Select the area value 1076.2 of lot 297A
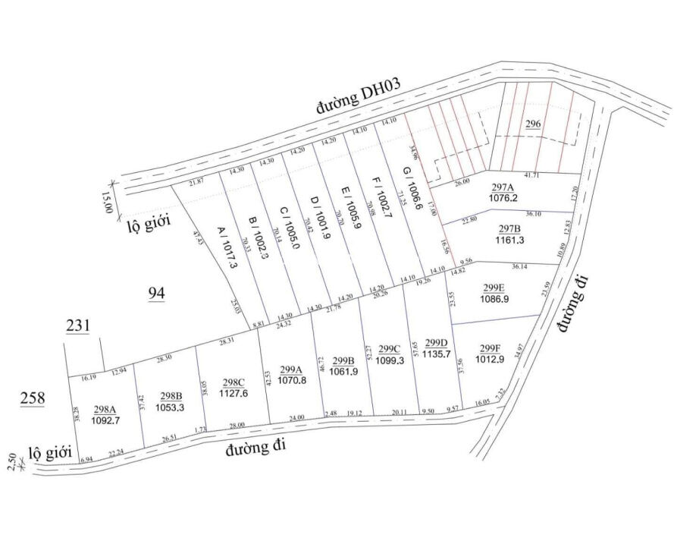click(503, 199)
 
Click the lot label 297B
click(509, 228)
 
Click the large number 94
click(156, 294)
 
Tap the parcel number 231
click(78, 326)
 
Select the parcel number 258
click(33, 398)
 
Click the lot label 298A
click(105, 409)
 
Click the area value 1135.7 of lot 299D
click(437, 354)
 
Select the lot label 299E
click(494, 288)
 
